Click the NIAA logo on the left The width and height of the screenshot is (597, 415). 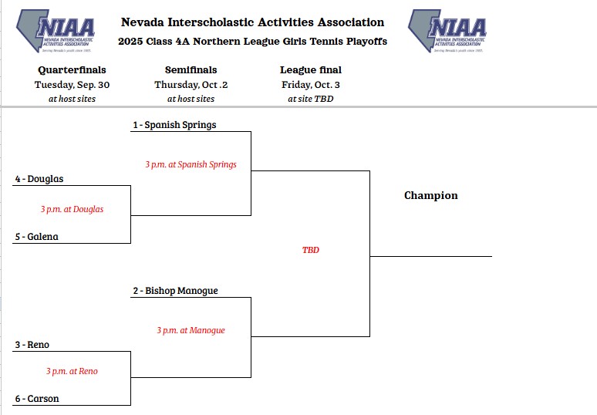point(56,31)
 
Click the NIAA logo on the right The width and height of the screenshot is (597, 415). point(447,31)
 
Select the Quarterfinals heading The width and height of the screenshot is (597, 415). point(72,70)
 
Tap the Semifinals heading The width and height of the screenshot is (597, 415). point(191,70)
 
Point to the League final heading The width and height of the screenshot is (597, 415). point(311,70)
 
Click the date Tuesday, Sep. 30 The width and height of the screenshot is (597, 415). point(72,85)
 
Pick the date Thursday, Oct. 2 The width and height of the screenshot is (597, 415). point(191,85)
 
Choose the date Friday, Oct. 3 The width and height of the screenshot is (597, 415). point(311,85)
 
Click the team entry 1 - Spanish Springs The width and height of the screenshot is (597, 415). point(174,125)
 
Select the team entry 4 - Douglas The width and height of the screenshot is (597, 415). point(39,179)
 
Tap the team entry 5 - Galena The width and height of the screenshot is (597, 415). point(36,237)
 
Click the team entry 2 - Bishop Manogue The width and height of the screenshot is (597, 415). point(175,291)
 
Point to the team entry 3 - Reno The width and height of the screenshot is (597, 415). point(32,345)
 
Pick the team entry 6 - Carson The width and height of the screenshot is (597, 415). point(37,399)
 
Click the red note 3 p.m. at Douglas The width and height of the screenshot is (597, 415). point(72,209)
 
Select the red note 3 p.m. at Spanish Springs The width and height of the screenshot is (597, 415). point(191,164)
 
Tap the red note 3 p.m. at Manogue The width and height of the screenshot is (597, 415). point(191,330)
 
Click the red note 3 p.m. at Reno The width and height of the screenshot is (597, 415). point(72,371)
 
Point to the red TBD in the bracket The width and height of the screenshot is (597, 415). point(311,250)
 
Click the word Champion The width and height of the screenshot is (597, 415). point(431,196)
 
